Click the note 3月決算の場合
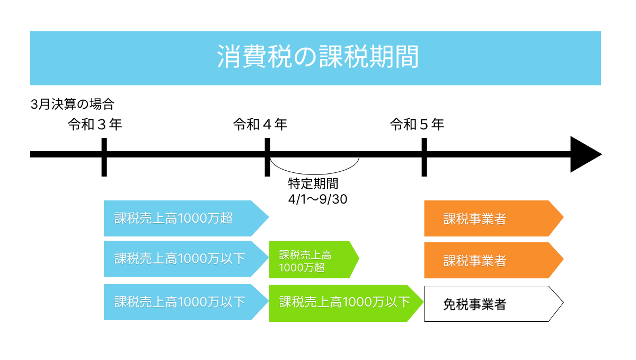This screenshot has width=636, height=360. (73, 103)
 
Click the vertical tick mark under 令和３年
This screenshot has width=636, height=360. (104, 157)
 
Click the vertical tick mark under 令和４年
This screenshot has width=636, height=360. (267, 157)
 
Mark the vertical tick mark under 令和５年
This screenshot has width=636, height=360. (424, 157)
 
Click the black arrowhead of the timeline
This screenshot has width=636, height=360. (585, 154)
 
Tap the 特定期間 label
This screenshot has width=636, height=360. (313, 184)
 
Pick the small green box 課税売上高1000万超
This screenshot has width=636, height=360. (310, 260)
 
